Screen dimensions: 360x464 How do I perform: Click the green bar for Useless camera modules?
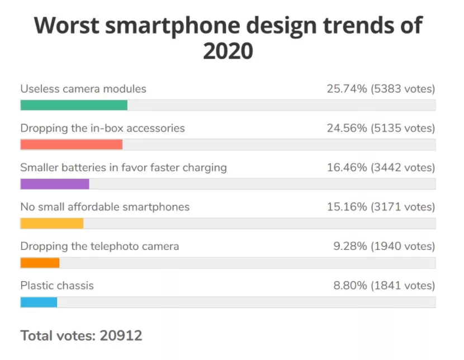[74, 105]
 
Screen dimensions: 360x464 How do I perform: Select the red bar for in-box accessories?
[71, 144]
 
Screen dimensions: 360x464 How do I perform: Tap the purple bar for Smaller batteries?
[55, 184]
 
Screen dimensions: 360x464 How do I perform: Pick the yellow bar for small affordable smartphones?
[52, 224]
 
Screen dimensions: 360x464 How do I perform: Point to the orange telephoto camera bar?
[40, 263]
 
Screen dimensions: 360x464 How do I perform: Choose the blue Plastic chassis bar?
[39, 302]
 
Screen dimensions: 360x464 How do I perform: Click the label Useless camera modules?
[83, 89]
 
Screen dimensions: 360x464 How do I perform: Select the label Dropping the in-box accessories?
[102, 128]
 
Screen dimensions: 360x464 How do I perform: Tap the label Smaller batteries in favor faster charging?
[124, 168]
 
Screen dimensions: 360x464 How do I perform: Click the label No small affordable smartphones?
[105, 207]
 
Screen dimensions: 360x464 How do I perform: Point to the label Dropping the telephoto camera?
[100, 246]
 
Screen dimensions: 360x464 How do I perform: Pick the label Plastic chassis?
[57, 286]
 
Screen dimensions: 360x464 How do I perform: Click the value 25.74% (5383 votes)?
[381, 89]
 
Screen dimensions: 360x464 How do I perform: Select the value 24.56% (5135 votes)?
[381, 128]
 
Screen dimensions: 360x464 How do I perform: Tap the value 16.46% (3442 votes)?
[381, 168]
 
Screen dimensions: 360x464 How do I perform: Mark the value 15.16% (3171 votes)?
[381, 207]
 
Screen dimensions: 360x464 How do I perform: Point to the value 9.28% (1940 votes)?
[384, 246]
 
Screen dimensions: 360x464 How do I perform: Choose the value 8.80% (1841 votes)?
[384, 286]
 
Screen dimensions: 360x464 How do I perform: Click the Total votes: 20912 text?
[81, 335]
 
